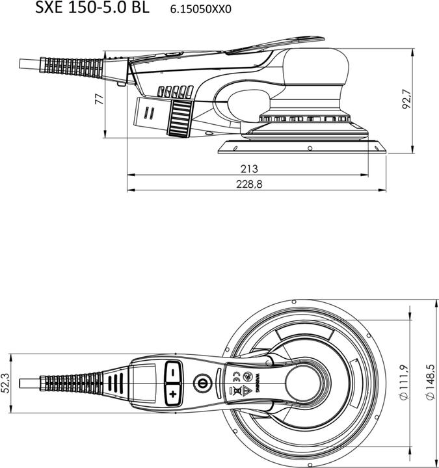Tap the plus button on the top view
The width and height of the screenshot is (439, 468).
coord(172,394)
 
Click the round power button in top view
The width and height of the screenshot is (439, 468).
coord(202,382)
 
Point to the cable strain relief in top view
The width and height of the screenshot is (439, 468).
coord(72,381)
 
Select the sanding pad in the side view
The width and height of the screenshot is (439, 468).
coord(302,146)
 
